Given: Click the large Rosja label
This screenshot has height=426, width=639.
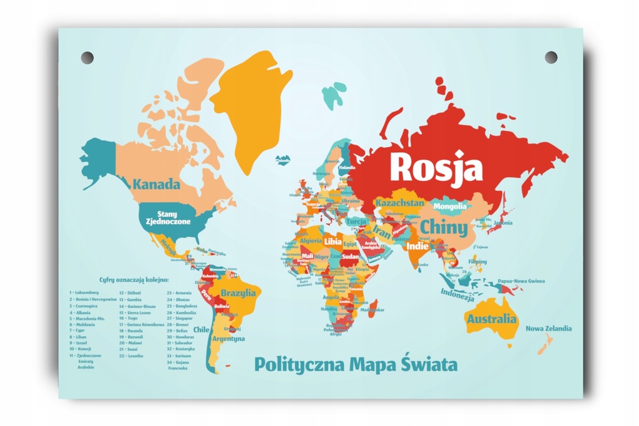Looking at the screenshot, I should click(x=436, y=167).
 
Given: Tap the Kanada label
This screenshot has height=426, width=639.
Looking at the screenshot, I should click(x=156, y=185).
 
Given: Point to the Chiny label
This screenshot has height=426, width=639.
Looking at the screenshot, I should click(x=443, y=227).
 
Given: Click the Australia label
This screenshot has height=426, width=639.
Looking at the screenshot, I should click(x=492, y=319).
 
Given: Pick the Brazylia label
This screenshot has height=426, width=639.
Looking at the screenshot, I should click(x=238, y=293).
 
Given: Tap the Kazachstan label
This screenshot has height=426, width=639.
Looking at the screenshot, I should click(x=399, y=203).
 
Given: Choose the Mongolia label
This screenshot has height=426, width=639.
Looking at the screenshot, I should click(x=449, y=206).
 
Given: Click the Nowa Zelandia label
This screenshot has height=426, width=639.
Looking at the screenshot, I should click(x=549, y=329).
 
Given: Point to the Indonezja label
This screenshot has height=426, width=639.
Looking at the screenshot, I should click(x=457, y=294).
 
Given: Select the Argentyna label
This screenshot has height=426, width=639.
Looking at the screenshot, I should click(x=228, y=339).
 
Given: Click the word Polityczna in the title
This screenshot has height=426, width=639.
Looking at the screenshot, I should click(x=297, y=364).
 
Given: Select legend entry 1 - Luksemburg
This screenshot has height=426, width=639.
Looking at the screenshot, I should click(x=84, y=292).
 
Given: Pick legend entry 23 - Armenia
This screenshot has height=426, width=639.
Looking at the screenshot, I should click(x=178, y=292).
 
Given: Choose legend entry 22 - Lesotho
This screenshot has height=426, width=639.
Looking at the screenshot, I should click(x=130, y=356).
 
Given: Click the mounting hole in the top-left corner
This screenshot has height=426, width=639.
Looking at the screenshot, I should click(x=87, y=57).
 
